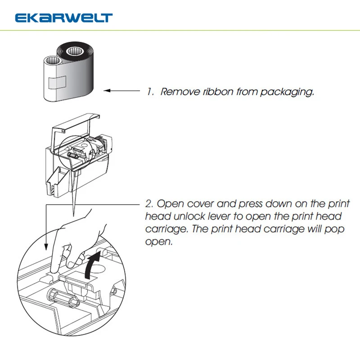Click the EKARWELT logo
(x=64, y=18)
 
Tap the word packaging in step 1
(x=287, y=92)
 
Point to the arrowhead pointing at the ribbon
(x=107, y=91)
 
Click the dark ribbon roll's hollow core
(x=75, y=51)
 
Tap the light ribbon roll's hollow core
(x=53, y=61)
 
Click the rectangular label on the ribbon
(x=57, y=82)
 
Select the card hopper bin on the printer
(x=58, y=182)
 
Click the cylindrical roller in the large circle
(x=63, y=298)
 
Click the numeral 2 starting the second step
(x=149, y=204)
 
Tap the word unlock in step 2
(x=189, y=216)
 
